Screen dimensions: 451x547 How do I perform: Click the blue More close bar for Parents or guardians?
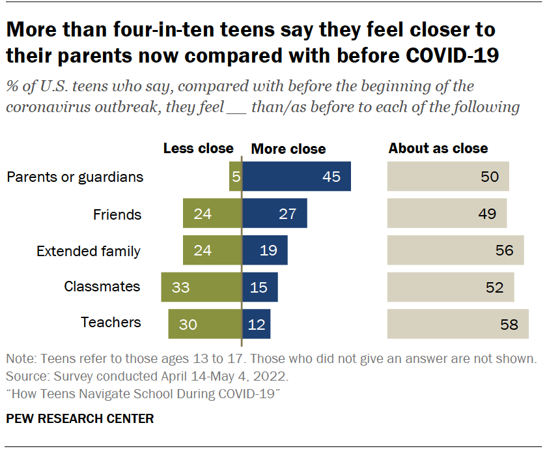(296, 177)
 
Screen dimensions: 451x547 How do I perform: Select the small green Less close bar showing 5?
(235, 177)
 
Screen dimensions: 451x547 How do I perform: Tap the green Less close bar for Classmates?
(201, 287)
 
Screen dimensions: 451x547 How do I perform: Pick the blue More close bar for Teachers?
(256, 324)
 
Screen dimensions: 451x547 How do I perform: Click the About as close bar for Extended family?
(455, 250)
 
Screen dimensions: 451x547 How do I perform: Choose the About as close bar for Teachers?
(457, 324)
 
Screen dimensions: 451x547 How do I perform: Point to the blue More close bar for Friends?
(274, 214)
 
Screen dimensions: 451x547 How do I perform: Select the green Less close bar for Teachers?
(204, 324)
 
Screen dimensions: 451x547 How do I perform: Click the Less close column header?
(198, 149)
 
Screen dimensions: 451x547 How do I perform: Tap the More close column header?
(288, 149)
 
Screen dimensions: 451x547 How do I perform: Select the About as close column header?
(438, 149)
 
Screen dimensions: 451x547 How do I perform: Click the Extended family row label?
(89, 251)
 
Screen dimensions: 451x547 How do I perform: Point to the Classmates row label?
(102, 287)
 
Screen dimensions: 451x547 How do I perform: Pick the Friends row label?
(117, 214)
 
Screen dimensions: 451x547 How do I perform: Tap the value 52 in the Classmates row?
(494, 287)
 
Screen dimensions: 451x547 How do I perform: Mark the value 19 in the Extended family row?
(268, 250)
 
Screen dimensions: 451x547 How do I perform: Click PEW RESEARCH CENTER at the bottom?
(79, 418)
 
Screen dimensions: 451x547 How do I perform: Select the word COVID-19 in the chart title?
(452, 55)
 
